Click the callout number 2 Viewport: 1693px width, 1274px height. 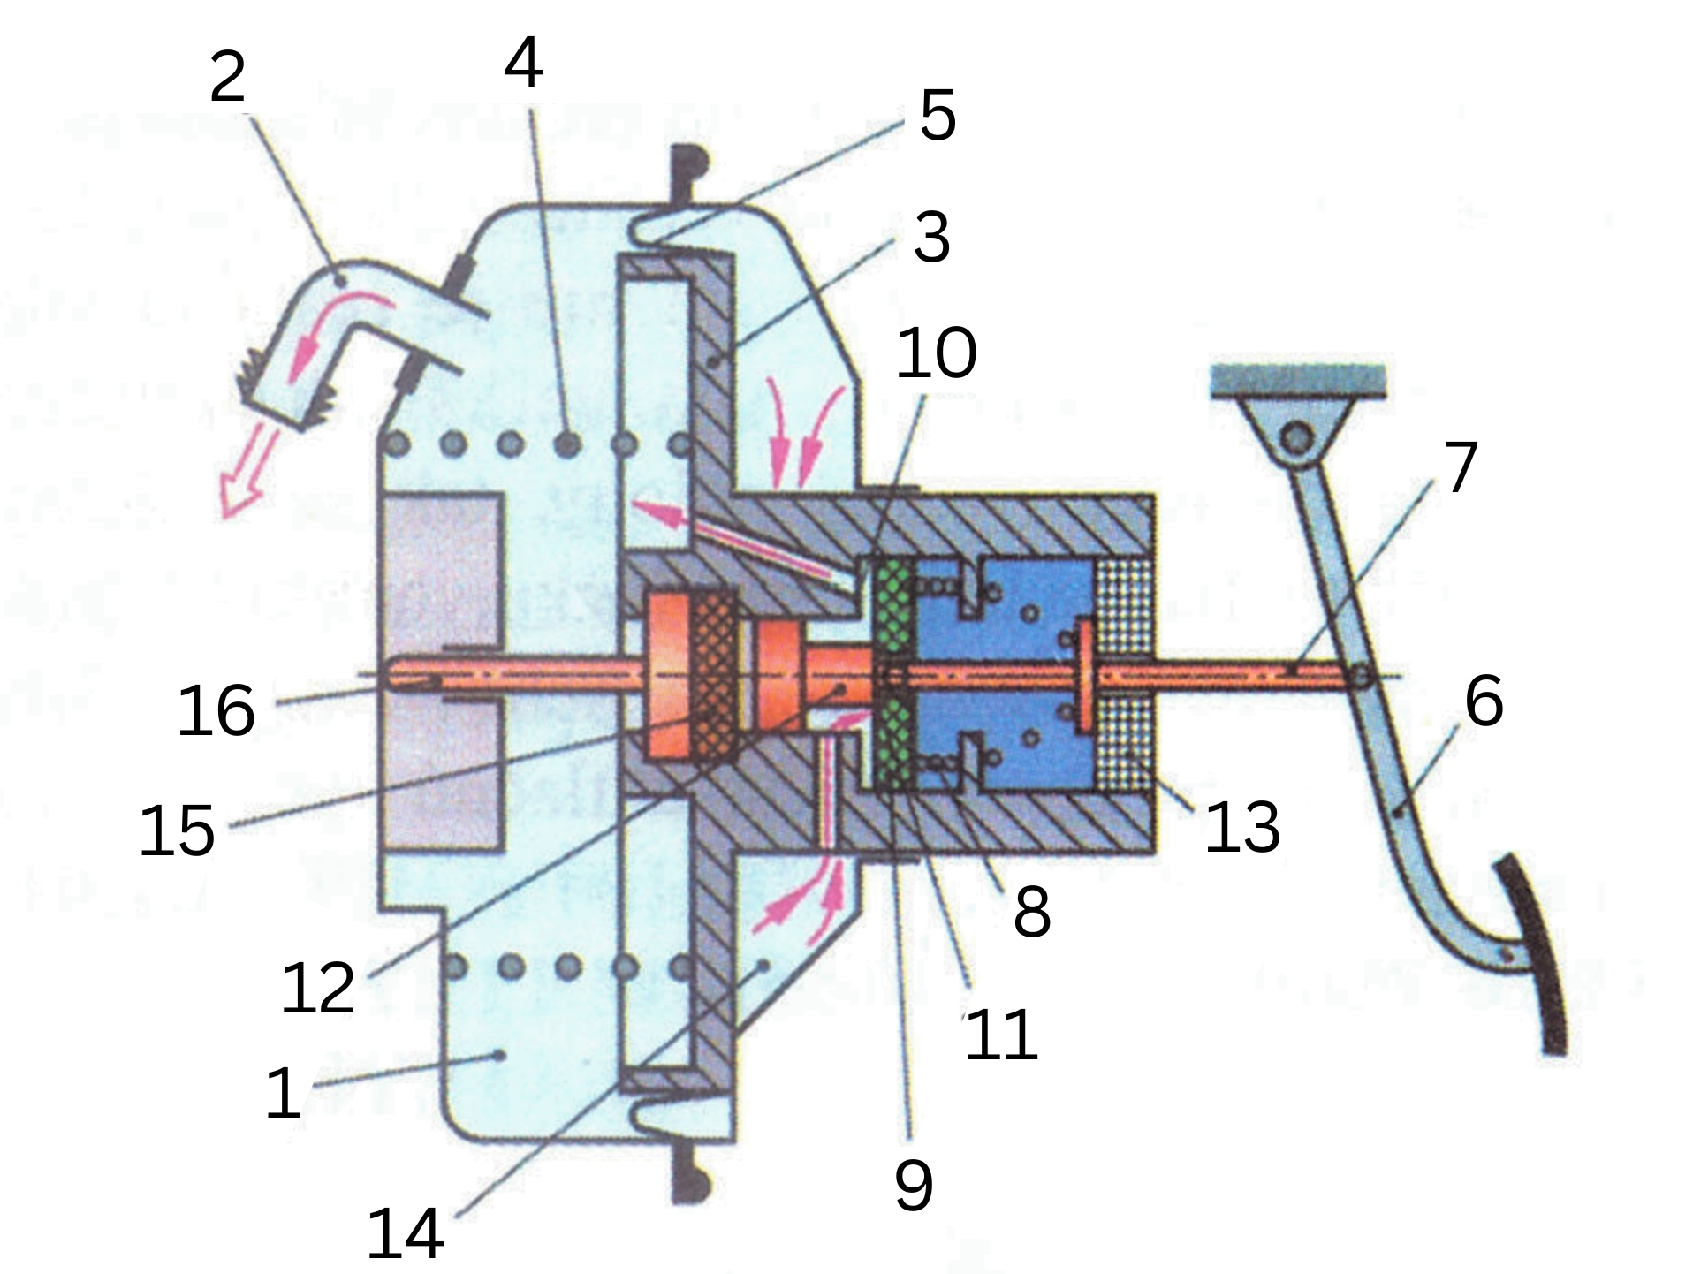tap(228, 78)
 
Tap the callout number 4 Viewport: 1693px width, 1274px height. tap(523, 63)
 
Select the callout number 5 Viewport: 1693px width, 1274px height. tap(938, 115)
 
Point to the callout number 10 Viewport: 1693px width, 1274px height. tap(936, 353)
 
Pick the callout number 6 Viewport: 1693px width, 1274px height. tap(1484, 701)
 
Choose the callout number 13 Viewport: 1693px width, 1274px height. tap(1241, 828)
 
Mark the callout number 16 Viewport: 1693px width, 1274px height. tap(216, 710)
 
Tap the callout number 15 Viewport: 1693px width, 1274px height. tap(177, 830)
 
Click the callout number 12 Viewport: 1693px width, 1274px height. tap(317, 988)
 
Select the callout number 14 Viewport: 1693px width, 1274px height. tap(405, 1234)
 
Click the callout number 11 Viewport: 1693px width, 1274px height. tap(1000, 1035)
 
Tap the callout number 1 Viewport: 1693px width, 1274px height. tap(284, 1093)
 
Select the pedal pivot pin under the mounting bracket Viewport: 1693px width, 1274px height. tap(1296, 437)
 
